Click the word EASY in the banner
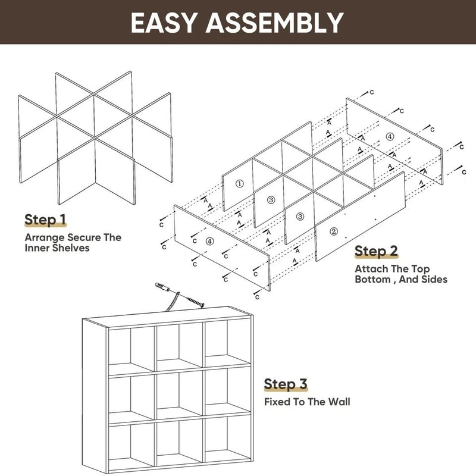tap(163, 23)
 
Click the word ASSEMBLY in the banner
tap(275, 23)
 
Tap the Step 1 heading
tap(45, 220)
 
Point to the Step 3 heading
tap(285, 384)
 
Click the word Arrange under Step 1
tap(43, 237)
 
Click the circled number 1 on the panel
tap(239, 184)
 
